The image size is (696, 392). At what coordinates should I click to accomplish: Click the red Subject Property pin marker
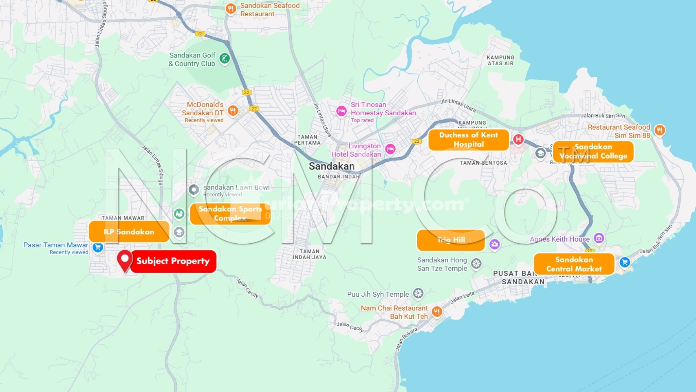(125, 260)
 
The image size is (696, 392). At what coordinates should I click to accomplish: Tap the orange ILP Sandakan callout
(129, 232)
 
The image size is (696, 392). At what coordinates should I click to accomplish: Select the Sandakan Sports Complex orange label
(230, 214)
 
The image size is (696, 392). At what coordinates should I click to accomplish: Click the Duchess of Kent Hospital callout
(468, 140)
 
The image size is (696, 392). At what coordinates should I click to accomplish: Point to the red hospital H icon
(518, 139)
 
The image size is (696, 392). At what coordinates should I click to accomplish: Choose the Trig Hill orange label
(451, 240)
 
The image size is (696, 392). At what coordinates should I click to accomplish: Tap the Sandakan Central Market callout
(574, 264)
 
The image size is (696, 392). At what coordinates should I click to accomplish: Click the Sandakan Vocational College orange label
(593, 151)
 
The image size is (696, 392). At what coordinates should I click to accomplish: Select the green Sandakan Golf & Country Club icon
(224, 59)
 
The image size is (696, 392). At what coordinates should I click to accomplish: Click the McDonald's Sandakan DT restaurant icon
(233, 110)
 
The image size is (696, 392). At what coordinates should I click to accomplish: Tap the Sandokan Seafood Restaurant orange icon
(231, 9)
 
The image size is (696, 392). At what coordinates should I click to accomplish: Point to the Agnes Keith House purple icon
(599, 238)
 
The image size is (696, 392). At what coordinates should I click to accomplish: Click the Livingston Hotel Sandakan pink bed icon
(390, 149)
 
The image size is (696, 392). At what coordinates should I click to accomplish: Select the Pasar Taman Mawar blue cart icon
(98, 247)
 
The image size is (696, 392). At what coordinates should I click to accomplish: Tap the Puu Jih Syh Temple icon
(418, 293)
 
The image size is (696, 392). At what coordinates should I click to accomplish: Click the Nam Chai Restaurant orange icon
(437, 311)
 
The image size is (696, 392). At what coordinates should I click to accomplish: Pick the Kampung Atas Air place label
(500, 61)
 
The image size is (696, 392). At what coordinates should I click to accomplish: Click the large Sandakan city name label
(331, 166)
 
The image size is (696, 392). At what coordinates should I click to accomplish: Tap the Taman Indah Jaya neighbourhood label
(309, 254)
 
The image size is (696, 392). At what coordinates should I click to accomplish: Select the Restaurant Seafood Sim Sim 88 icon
(659, 130)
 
